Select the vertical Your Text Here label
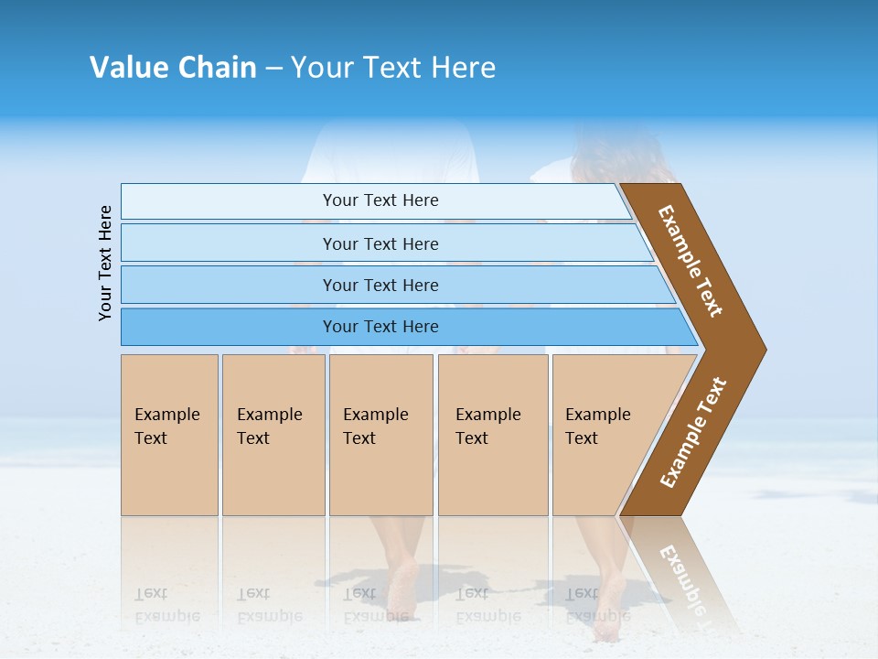coord(105,263)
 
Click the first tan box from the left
coord(169,435)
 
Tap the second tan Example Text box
coord(273,435)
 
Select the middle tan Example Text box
coord(380,435)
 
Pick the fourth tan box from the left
coord(493,435)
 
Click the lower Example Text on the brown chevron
coord(693,433)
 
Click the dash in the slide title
coord(273,69)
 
